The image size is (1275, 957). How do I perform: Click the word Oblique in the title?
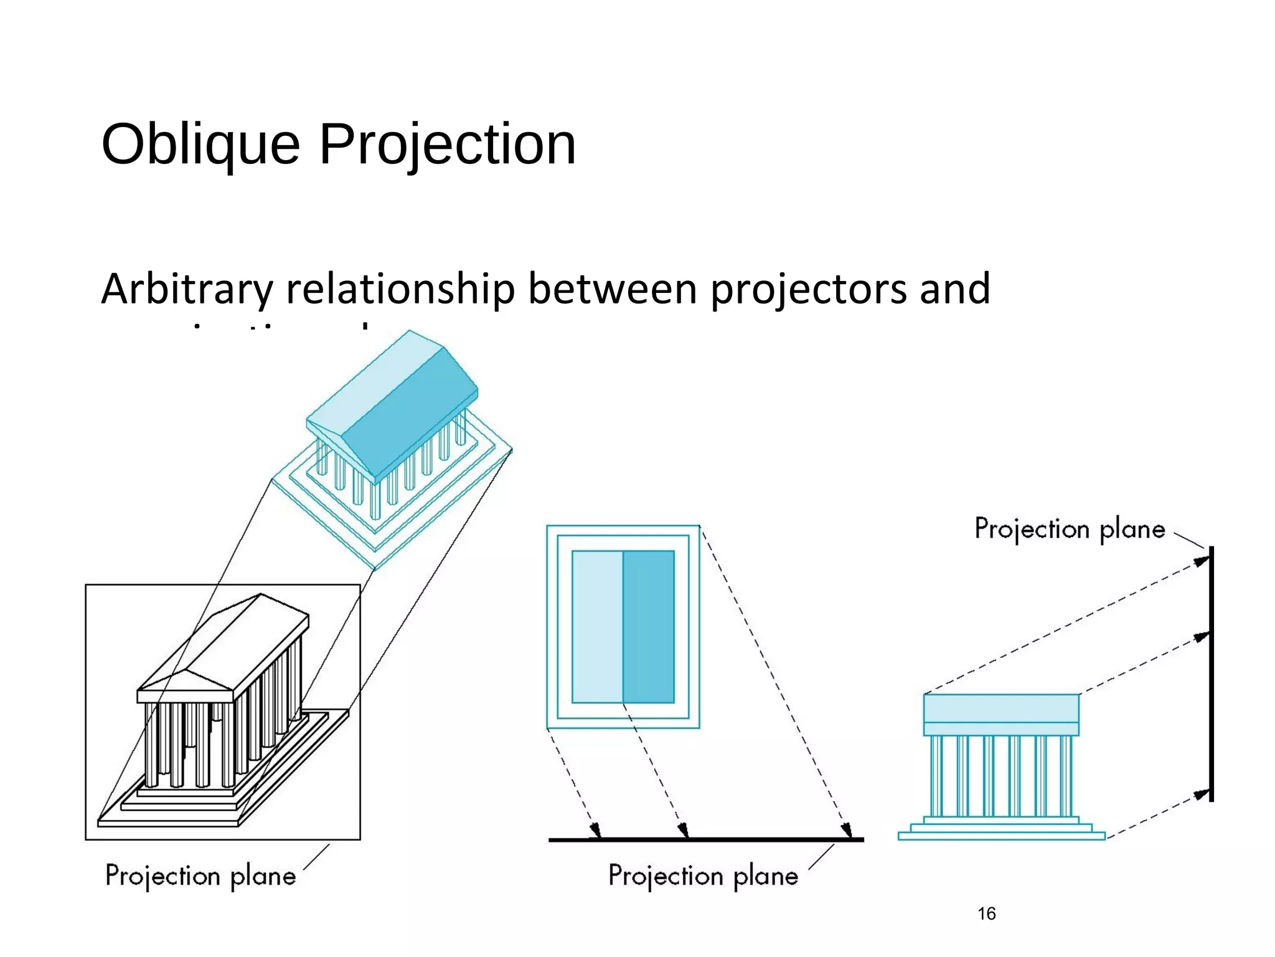point(200,145)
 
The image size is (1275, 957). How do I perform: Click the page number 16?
point(986,913)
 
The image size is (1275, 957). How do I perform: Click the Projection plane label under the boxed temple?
point(200,876)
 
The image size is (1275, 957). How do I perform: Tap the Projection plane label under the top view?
point(703,876)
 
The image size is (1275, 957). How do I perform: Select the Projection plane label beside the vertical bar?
point(1069,529)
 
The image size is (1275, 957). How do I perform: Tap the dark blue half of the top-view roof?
point(649,626)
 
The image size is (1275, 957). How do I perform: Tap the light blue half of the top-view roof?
point(597,626)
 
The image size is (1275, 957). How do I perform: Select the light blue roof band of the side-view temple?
point(1001,708)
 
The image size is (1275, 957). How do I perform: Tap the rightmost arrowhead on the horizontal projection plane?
point(846,831)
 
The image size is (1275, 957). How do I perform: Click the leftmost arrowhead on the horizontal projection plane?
point(596,831)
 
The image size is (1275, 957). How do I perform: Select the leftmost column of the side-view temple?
point(936,776)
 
